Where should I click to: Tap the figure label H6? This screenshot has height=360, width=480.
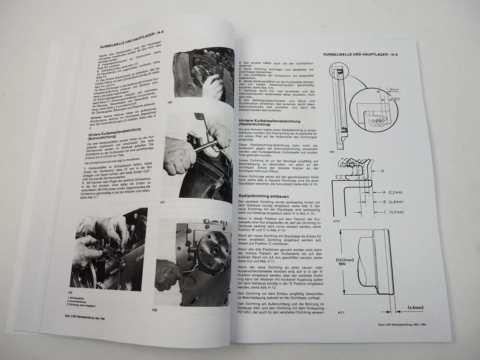(169, 102)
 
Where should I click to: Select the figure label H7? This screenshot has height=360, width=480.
(163, 203)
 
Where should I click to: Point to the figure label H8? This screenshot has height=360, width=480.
(154, 310)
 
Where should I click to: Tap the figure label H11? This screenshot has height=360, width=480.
(331, 312)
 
